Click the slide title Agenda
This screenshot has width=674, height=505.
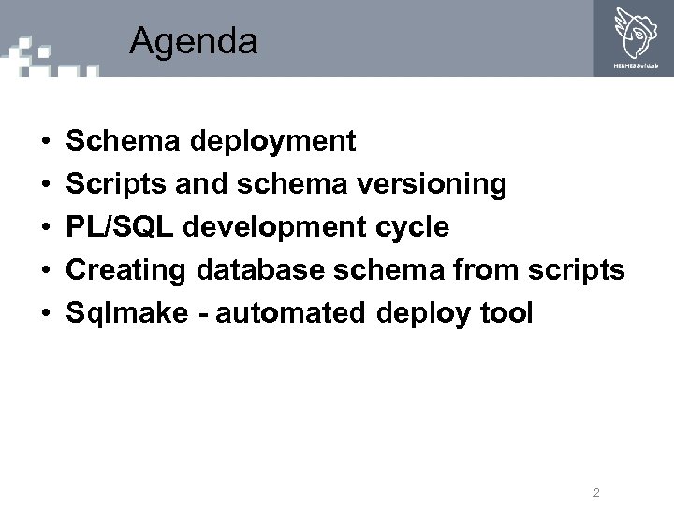click(194, 41)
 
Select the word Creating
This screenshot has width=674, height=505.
click(126, 270)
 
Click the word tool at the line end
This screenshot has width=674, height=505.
click(505, 313)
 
